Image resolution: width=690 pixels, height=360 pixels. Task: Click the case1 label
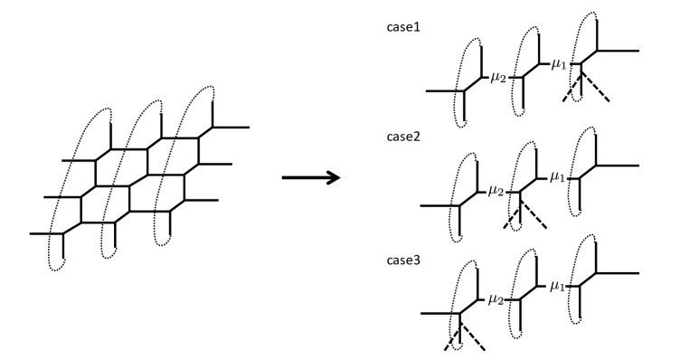[x=403, y=27]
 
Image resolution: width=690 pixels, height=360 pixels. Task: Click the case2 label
[x=403, y=137]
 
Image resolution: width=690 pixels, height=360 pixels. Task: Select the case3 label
[x=403, y=261]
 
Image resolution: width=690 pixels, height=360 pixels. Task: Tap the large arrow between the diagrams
[x=310, y=177]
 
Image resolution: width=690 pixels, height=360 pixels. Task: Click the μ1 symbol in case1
[x=558, y=64]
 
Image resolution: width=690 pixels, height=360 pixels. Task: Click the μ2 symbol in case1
[x=498, y=78]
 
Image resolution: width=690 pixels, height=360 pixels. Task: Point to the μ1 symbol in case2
[x=557, y=177]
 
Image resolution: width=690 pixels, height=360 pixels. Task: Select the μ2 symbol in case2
[x=496, y=191]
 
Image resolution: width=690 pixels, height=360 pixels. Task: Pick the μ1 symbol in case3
[x=557, y=287]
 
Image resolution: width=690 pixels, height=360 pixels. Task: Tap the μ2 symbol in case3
[x=496, y=299]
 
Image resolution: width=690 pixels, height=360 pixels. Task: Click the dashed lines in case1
[x=585, y=87]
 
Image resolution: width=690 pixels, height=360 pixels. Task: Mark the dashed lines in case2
[x=525, y=214]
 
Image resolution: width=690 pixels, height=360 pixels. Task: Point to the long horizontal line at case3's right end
[x=617, y=273]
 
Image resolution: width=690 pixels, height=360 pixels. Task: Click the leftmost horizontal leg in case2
[x=440, y=205]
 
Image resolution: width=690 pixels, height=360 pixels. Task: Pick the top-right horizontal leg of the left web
[x=231, y=128]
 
